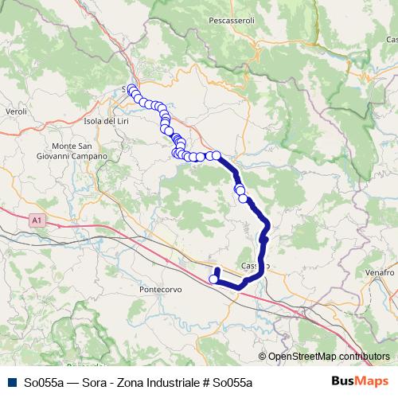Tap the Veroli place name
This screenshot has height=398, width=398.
(16, 112)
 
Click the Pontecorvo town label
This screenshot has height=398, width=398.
(161, 290)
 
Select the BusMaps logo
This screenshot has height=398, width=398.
(360, 381)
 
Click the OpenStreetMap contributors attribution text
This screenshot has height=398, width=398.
(329, 357)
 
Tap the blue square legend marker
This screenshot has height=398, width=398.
(10, 382)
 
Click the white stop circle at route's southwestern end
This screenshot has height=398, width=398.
(213, 279)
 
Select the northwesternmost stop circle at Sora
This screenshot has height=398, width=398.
(131, 89)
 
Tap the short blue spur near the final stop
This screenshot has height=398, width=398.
(217, 272)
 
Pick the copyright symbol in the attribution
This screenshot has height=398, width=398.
(263, 357)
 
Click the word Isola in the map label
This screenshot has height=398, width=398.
(84, 120)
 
